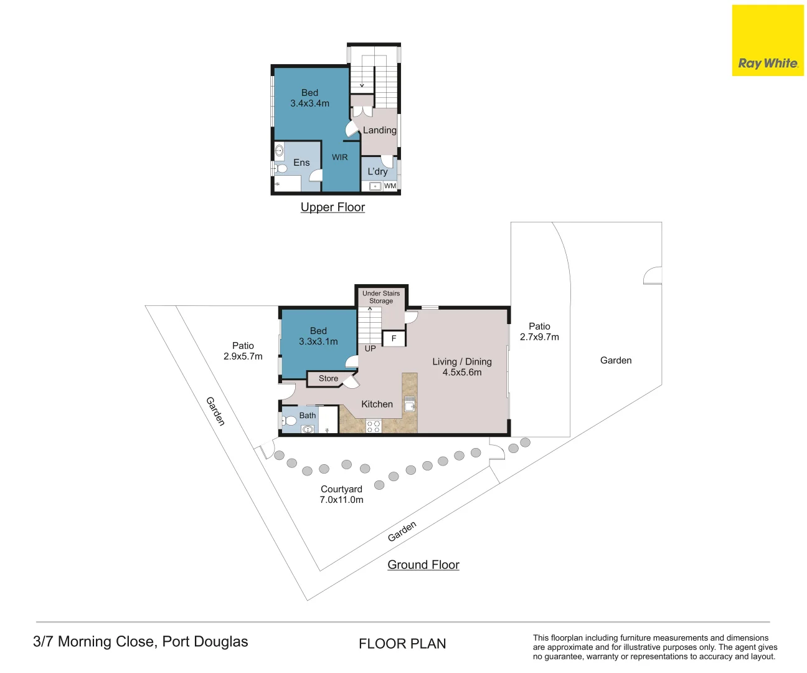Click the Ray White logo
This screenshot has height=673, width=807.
point(767,41)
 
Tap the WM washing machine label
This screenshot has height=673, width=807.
point(390,186)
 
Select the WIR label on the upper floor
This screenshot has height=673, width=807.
point(339,157)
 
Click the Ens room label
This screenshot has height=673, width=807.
point(301,163)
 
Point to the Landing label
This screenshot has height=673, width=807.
point(379,130)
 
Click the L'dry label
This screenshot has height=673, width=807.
point(377,171)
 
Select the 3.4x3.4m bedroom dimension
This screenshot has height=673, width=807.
point(309,103)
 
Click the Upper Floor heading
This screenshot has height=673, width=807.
point(333,207)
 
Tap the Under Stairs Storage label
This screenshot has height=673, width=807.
point(381,297)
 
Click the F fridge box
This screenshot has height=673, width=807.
point(394,338)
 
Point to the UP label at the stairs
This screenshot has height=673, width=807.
point(370,348)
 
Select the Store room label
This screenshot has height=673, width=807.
point(328,378)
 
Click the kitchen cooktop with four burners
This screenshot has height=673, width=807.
point(373,426)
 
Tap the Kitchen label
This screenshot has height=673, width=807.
point(377,404)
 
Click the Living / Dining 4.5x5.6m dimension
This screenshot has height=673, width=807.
point(462,372)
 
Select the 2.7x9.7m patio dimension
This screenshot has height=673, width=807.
point(539,337)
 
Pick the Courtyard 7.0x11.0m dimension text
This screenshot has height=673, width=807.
point(341,500)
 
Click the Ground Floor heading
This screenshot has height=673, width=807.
point(423,565)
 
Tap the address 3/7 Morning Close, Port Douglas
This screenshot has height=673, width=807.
point(140,641)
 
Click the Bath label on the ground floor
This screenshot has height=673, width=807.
point(307,416)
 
